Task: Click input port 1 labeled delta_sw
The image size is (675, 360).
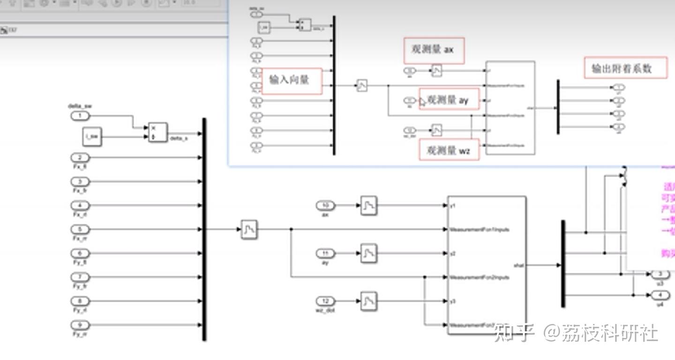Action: [80, 116]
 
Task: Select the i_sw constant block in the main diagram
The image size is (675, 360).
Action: [92, 137]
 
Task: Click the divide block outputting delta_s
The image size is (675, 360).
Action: [157, 133]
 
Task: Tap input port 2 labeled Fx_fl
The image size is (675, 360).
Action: [80, 158]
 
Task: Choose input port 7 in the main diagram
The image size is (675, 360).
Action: [80, 277]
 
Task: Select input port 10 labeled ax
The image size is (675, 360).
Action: [325, 205]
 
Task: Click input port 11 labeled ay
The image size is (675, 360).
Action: [325, 254]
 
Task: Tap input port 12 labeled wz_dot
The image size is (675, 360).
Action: [325, 301]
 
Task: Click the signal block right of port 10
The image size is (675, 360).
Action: [369, 205]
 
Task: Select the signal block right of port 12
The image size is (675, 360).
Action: [369, 301]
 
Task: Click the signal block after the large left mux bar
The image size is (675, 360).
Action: [249, 229]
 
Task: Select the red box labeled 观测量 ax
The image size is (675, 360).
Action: [434, 50]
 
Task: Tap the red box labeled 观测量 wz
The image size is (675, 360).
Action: [449, 150]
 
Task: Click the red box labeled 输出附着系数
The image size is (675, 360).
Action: [625, 68]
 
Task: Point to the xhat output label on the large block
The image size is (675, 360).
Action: [518, 266]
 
